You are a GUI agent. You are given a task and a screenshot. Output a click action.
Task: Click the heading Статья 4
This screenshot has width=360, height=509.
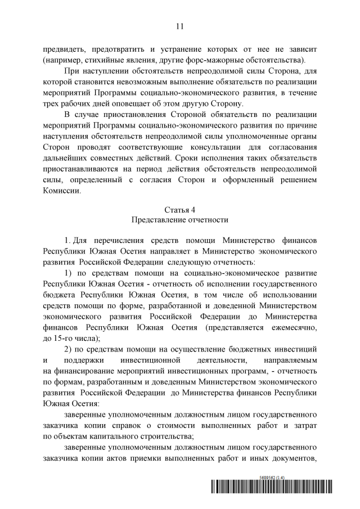180,209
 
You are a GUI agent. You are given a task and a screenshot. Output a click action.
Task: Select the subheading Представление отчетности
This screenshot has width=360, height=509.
180,219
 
